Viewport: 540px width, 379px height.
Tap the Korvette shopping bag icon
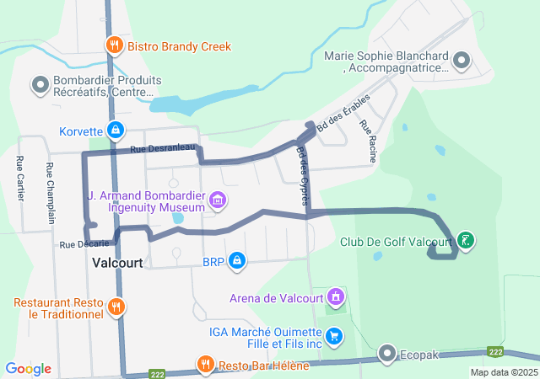(x=116, y=131)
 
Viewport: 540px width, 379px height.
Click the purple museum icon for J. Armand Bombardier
(x=219, y=200)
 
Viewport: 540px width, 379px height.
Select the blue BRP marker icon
(x=238, y=261)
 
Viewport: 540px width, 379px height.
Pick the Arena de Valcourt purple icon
(x=336, y=297)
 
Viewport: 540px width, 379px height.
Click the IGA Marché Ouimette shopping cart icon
(x=335, y=336)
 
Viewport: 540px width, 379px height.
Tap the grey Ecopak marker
(x=387, y=352)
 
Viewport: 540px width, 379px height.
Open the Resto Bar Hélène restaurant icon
(x=205, y=365)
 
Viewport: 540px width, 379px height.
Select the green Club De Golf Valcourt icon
(x=466, y=242)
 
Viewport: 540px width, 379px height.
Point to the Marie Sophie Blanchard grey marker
(x=462, y=61)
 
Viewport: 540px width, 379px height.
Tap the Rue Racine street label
(x=367, y=140)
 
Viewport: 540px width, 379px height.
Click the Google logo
(x=28, y=369)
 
